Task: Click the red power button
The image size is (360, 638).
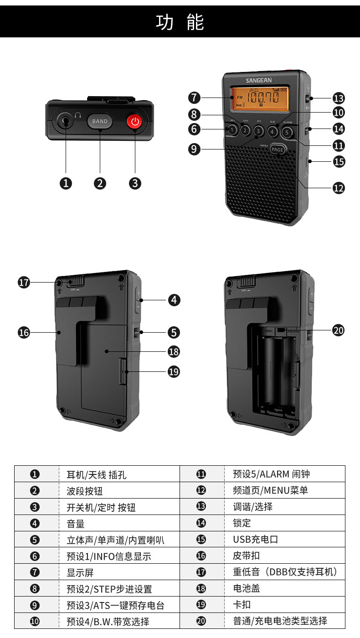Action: coord(134,121)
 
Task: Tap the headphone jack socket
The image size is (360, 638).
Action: coord(66,121)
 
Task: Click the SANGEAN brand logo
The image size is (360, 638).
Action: coord(258,80)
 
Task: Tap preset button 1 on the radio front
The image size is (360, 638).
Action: coord(232,129)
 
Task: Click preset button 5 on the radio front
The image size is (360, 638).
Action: coord(287,132)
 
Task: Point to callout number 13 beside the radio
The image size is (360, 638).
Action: coord(339,98)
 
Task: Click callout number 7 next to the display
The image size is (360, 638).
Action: coord(194,98)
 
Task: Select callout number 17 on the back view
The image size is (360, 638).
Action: coord(24,282)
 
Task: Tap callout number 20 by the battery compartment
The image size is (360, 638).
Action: coord(338,330)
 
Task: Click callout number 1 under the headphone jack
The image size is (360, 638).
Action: coord(66,183)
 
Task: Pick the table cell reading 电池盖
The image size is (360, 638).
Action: coord(247,588)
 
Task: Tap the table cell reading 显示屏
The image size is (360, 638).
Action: coord(80,572)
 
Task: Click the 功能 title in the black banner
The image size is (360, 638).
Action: coord(180,22)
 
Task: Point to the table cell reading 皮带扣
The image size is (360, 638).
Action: coord(247,556)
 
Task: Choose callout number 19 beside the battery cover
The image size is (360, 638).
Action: coord(174,372)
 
